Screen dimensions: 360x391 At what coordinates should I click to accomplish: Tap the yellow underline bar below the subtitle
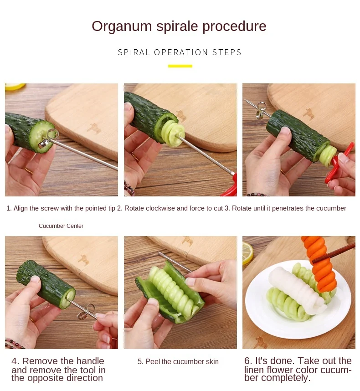point(180,66)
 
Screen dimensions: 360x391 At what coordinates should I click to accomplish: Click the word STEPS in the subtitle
point(226,52)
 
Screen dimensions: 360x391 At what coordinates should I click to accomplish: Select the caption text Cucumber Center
point(61,226)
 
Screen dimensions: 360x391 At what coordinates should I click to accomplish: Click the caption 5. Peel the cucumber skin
point(178,361)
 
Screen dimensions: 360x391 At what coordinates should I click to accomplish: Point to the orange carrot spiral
point(319,262)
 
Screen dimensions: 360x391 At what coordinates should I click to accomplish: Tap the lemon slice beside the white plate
point(247,253)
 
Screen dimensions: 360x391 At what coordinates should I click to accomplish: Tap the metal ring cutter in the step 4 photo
point(86,312)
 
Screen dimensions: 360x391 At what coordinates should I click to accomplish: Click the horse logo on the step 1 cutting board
point(94,129)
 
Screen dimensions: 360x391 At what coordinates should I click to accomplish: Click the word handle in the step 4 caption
point(90,361)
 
